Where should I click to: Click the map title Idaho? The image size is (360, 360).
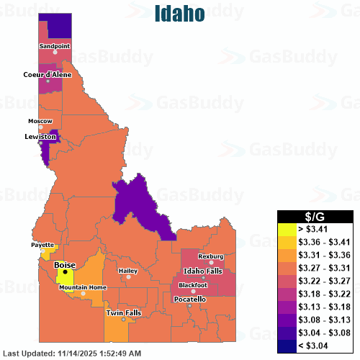(x=179, y=14)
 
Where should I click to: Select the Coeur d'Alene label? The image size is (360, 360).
(x=48, y=74)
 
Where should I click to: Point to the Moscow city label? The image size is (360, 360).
(x=40, y=120)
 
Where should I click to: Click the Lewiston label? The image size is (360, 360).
(x=40, y=136)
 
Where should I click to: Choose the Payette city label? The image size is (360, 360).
(x=42, y=245)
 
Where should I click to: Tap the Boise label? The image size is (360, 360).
(x=65, y=264)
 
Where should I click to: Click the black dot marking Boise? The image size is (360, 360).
(x=65, y=271)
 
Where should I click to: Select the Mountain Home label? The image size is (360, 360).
(x=83, y=287)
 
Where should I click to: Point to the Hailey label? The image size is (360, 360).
(x=128, y=271)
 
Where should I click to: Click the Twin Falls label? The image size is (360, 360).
(x=124, y=312)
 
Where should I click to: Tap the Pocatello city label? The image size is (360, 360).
(x=190, y=299)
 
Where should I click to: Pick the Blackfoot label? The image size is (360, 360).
(x=193, y=285)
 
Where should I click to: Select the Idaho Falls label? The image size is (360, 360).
(x=204, y=270)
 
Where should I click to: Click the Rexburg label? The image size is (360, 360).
(x=211, y=256)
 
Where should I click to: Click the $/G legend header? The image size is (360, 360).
(x=315, y=216)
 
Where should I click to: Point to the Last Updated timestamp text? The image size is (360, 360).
(x=72, y=354)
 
